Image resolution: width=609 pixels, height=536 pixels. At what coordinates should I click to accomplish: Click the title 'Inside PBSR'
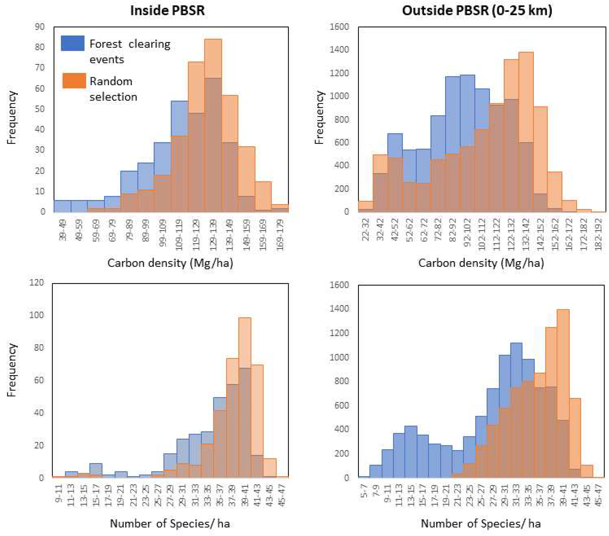click(167, 11)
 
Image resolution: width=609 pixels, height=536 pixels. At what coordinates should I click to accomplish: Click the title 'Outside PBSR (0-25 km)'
click(477, 11)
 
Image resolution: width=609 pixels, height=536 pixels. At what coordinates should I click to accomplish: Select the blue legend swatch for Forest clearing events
click(72, 44)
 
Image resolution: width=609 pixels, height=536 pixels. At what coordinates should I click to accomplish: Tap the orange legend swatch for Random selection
click(74, 81)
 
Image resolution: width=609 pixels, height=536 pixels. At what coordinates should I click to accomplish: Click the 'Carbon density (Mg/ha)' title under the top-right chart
click(481, 263)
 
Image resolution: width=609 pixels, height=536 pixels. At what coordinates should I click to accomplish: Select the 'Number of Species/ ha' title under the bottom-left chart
click(170, 523)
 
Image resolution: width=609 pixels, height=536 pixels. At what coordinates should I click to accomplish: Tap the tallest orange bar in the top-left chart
click(213, 58)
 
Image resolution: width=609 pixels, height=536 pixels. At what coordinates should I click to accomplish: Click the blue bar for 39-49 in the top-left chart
click(62, 206)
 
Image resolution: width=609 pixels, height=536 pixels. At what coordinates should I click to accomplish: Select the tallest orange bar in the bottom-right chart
click(563, 363)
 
